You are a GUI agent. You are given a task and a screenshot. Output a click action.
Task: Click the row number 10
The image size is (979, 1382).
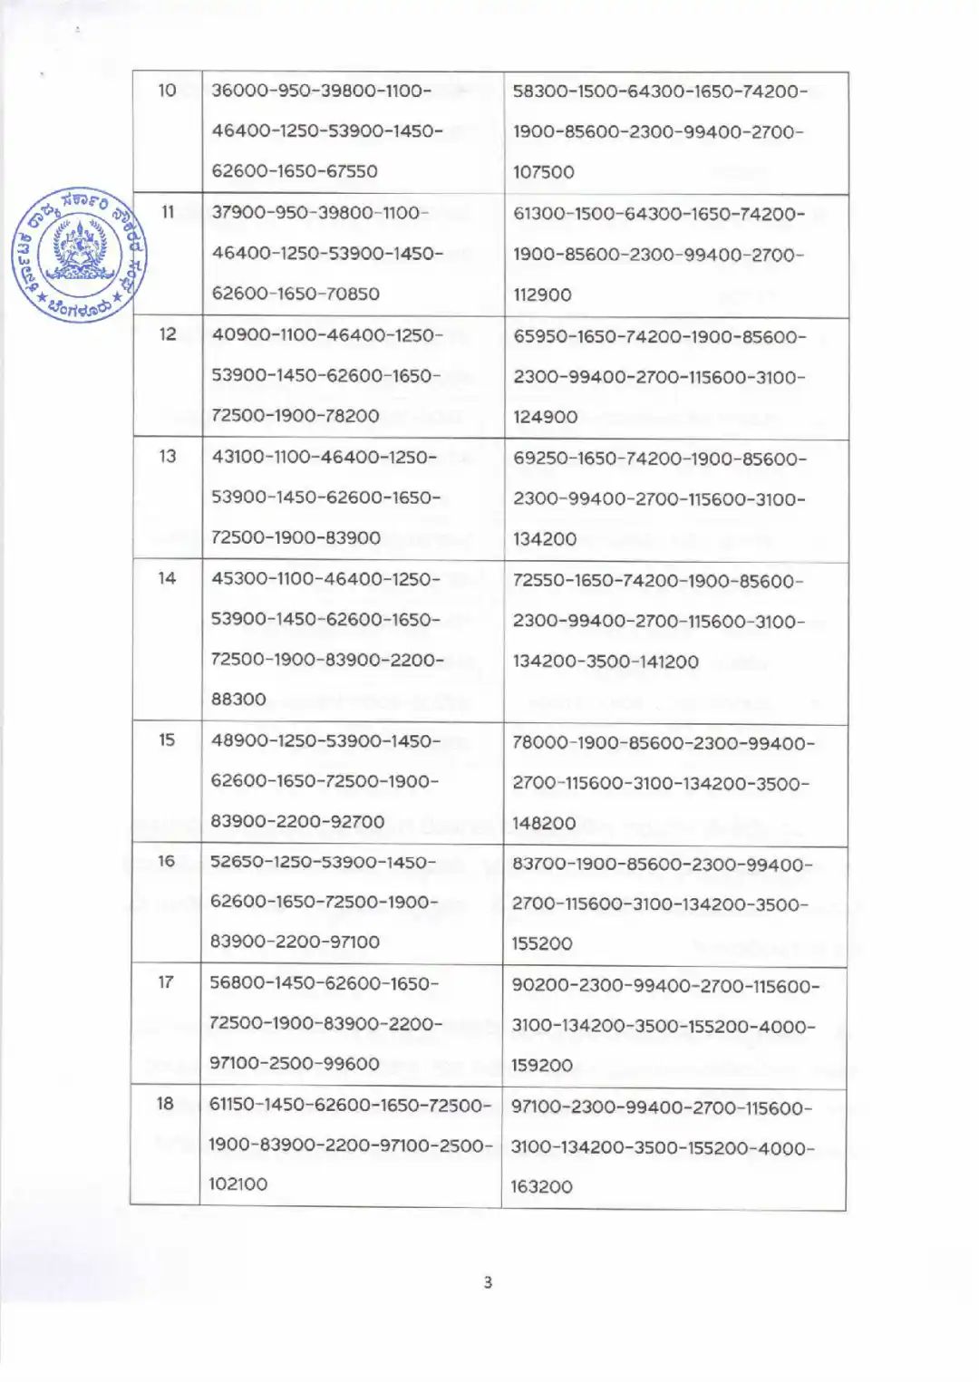(x=167, y=91)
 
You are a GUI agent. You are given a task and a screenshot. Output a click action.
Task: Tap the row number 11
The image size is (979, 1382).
(x=168, y=212)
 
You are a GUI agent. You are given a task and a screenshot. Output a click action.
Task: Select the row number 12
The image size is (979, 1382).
(x=168, y=334)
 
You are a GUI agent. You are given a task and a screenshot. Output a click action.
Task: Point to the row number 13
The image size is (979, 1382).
(x=168, y=456)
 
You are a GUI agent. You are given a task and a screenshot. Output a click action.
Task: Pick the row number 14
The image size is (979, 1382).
(x=168, y=578)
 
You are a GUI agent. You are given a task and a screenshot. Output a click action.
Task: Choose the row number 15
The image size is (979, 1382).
(x=168, y=739)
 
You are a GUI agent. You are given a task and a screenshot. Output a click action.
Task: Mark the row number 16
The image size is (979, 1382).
(x=167, y=861)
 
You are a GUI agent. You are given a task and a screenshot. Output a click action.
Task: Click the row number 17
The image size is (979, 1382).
(x=166, y=982)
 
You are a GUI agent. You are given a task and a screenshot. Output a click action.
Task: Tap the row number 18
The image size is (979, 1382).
(x=165, y=1104)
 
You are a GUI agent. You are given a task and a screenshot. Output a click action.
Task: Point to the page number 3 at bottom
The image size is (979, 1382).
(x=489, y=1282)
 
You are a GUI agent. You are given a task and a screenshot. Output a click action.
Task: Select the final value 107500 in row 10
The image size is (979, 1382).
(x=544, y=172)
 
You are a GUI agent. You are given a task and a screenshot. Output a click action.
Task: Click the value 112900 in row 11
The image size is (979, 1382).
(x=542, y=295)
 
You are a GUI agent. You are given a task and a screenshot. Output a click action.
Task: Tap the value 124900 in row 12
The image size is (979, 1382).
(x=546, y=417)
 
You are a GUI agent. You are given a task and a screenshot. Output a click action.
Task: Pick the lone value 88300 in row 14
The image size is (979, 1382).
(x=238, y=700)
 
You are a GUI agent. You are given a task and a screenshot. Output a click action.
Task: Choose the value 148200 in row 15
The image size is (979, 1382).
(x=544, y=823)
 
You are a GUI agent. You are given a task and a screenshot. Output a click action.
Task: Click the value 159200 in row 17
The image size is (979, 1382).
(x=542, y=1066)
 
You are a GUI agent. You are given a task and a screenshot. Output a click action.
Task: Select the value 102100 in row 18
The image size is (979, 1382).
(x=238, y=1184)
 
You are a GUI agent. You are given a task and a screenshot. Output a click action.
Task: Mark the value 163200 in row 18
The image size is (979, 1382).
(x=542, y=1186)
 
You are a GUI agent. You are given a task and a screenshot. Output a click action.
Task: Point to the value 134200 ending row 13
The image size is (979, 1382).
(x=545, y=539)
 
